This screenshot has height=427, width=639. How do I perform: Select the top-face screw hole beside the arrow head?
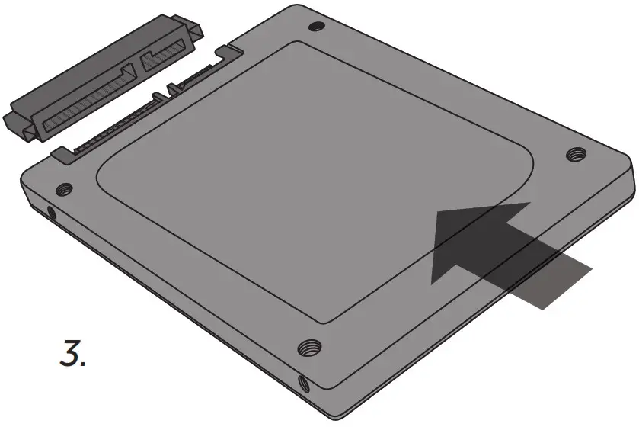[576, 156]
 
